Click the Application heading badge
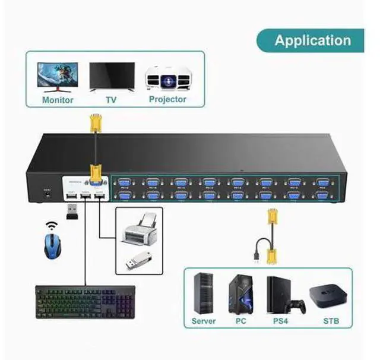tap(312, 40)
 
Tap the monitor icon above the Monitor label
tap(57, 76)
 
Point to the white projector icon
tap(167, 78)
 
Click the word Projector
tap(167, 99)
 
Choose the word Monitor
tap(58, 100)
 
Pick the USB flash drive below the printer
tap(140, 260)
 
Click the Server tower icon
tap(204, 293)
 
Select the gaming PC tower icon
tap(241, 295)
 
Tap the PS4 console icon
tap(278, 295)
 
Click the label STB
tap(331, 321)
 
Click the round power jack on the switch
tap(46, 194)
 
